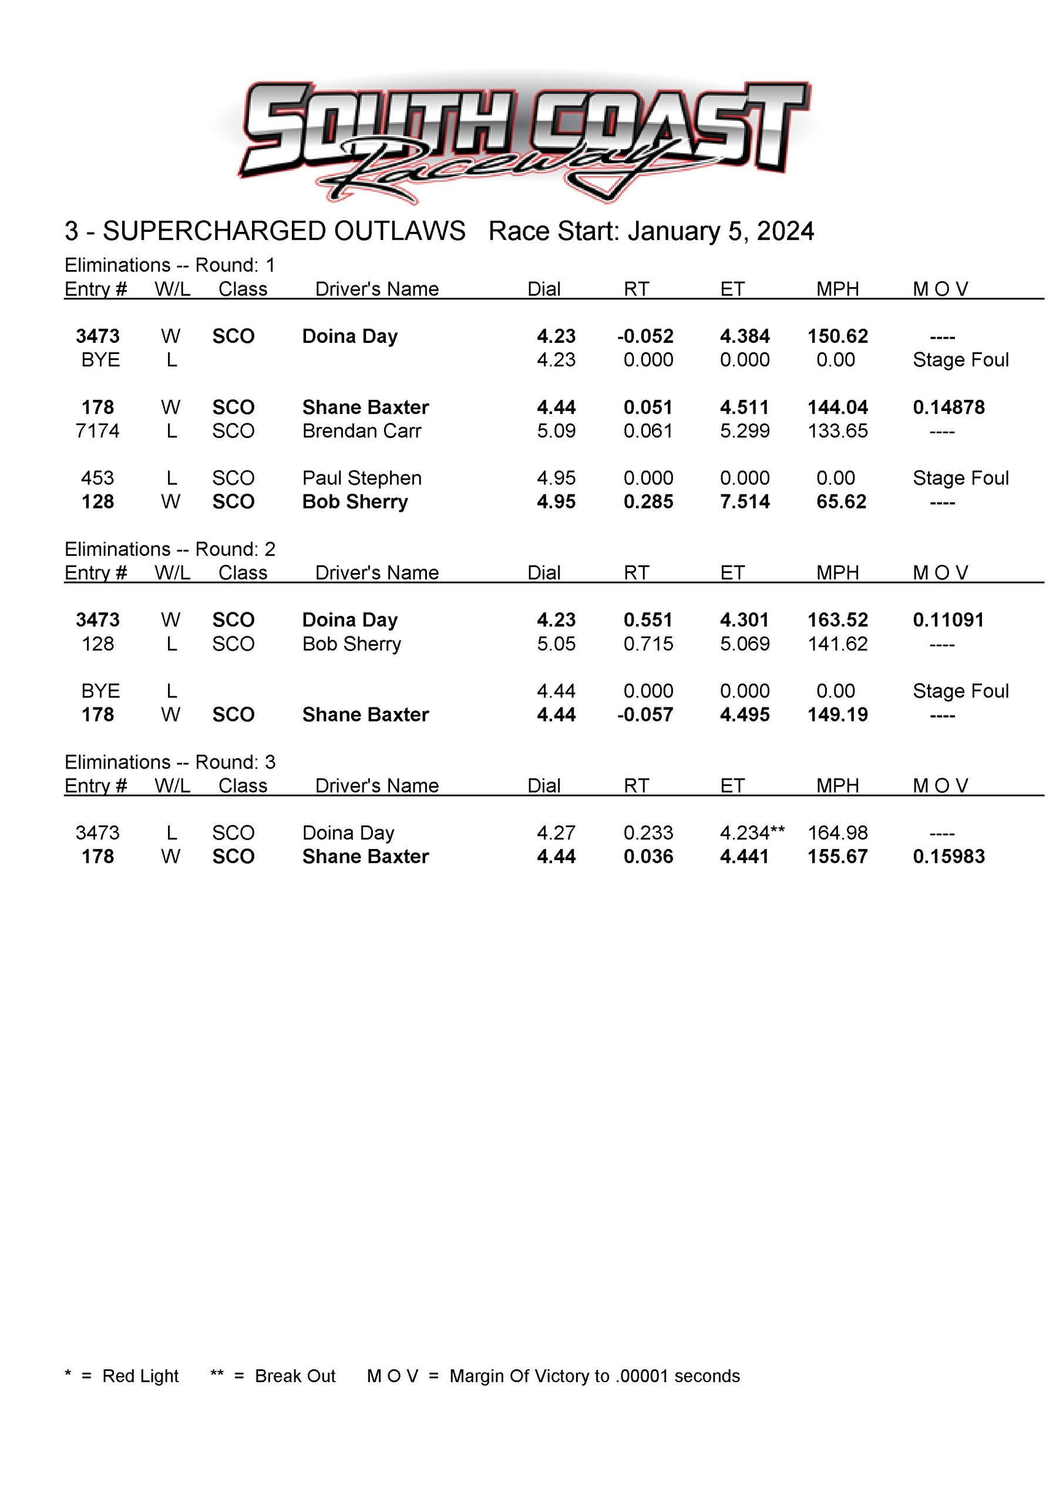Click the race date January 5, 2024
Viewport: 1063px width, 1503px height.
coord(721,232)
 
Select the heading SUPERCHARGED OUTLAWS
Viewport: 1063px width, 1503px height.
coord(284,232)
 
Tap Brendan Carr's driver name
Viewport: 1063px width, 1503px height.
coord(362,432)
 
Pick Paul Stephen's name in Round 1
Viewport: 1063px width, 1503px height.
coord(362,478)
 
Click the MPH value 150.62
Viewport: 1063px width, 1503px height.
coord(837,336)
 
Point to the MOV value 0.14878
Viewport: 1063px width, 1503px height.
coord(948,408)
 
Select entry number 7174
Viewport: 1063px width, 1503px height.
coord(97,432)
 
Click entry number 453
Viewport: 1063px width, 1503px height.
coord(97,478)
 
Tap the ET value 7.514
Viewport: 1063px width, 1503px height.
coord(745,502)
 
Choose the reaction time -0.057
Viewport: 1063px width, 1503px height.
coord(645,715)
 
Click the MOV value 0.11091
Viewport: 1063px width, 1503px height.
coord(948,620)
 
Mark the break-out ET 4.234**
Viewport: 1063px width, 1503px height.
coord(752,833)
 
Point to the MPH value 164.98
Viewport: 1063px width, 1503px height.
coord(837,833)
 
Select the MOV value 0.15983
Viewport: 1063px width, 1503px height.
coord(948,857)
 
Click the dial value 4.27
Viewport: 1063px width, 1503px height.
coord(556,833)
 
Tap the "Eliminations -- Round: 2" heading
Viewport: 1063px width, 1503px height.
coord(170,549)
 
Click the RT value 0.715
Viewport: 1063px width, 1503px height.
coord(648,644)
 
